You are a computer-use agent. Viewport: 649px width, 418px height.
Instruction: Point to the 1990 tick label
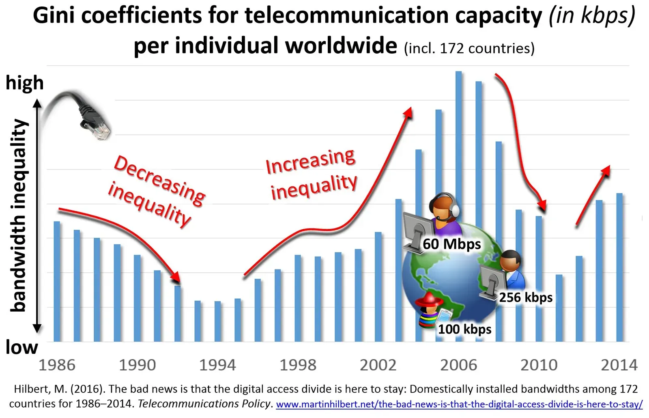(x=137, y=365)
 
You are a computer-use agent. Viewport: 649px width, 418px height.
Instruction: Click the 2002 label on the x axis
(x=378, y=365)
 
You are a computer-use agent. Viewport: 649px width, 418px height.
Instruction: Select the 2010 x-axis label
(x=539, y=365)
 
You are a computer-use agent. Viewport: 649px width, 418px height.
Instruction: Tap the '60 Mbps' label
(x=451, y=244)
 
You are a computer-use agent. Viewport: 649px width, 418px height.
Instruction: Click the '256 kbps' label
(x=526, y=297)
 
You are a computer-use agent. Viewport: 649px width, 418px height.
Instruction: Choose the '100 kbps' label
(x=464, y=329)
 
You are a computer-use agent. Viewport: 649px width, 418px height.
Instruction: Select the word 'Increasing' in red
(x=310, y=161)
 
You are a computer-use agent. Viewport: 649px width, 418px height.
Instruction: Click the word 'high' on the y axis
(x=24, y=83)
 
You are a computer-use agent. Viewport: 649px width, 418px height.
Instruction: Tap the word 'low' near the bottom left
(x=21, y=347)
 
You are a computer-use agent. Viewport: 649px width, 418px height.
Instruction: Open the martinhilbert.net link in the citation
(x=459, y=404)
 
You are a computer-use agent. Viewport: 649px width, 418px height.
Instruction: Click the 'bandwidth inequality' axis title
(x=19, y=215)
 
